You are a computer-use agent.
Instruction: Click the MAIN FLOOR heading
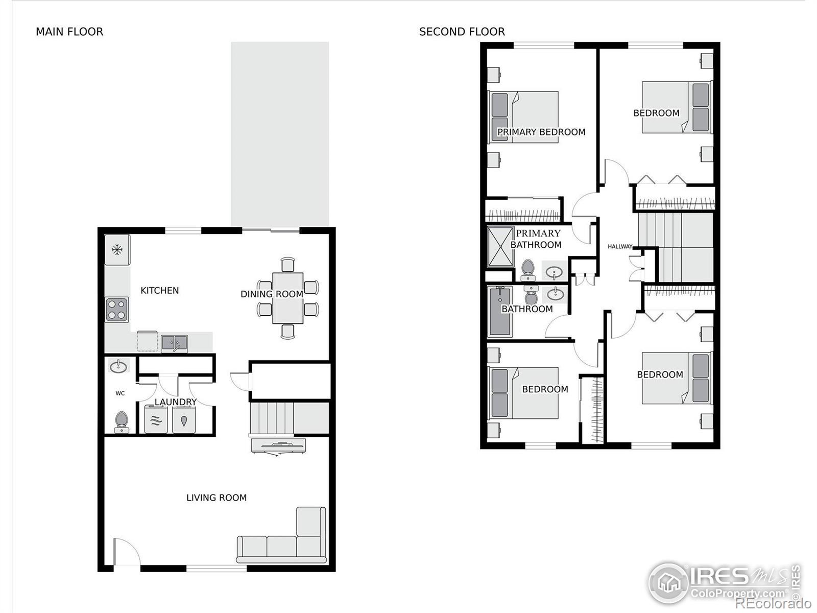coord(69,32)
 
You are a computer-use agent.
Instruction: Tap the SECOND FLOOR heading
coord(462,32)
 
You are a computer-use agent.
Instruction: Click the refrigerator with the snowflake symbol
coord(117,249)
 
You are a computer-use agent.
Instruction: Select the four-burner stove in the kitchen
coord(116,310)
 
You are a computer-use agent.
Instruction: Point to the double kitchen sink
coord(174,343)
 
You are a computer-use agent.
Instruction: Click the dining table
coord(287,298)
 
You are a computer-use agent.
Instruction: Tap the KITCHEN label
coord(160,290)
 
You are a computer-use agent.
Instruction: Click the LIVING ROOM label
coord(217,498)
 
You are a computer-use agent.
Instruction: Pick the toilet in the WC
coord(122,422)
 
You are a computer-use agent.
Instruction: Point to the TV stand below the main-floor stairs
coord(278,446)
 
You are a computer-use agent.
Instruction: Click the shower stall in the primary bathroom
coord(500,247)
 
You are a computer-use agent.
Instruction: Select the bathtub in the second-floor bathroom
coord(500,311)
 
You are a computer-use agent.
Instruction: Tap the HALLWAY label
coord(620,246)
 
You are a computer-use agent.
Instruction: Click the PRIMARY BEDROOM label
coord(541,132)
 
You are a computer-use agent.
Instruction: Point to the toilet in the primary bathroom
coord(528,270)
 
